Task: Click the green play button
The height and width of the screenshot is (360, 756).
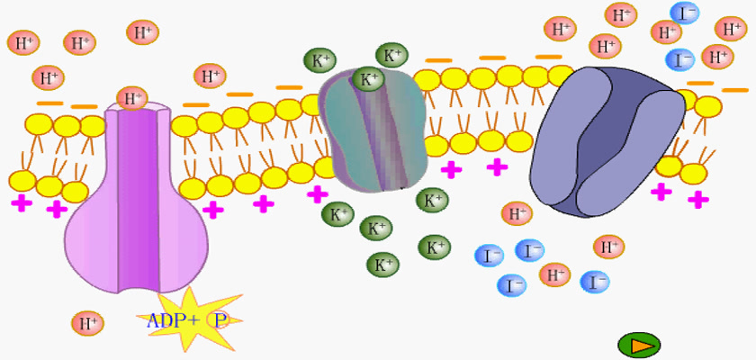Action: point(639,345)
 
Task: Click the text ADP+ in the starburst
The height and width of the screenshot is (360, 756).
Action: point(172,320)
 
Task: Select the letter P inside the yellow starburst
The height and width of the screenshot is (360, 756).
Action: point(220,321)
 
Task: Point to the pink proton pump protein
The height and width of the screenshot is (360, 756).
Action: point(137,198)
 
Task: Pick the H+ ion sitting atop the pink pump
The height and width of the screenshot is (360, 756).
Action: point(131,98)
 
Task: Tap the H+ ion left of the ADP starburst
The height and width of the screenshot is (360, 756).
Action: point(88,323)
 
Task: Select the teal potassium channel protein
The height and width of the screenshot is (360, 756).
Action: point(373,130)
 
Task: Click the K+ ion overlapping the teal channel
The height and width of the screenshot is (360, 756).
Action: point(368,79)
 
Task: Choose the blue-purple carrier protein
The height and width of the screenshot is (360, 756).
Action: point(607,141)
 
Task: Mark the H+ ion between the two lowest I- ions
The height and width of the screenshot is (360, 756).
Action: point(554,275)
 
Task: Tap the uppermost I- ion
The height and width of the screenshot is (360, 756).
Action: point(684,13)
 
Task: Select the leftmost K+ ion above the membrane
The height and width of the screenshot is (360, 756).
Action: point(320,60)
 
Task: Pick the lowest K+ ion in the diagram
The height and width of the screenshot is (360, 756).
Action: point(382,265)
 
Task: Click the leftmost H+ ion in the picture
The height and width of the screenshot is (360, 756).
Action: point(23,43)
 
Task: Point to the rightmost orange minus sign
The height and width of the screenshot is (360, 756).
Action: point(734,90)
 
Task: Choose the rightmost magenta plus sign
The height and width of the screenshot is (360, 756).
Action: point(697,199)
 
